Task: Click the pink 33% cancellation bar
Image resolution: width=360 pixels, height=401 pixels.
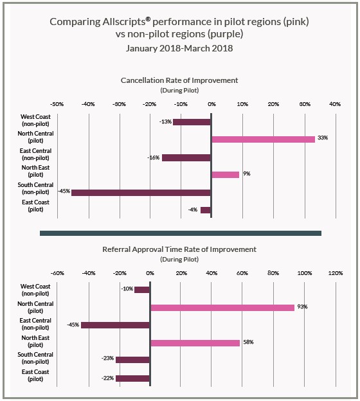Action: [x=264, y=139]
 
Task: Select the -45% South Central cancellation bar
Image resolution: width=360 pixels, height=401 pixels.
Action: [x=141, y=193]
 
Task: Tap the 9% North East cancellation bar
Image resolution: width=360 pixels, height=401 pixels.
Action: [x=226, y=175]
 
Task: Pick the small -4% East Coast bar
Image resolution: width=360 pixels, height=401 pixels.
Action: [x=206, y=210]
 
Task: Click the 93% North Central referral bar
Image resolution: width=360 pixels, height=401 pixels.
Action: [x=222, y=308]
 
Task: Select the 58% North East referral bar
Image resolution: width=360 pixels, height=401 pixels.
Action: [x=195, y=343]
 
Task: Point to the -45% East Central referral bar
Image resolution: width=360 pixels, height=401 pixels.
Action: [x=115, y=325]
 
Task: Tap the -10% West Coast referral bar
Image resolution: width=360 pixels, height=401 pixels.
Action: [x=141, y=290]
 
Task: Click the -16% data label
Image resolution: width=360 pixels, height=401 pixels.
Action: [x=153, y=157]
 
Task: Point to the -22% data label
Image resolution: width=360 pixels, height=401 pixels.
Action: [x=107, y=378]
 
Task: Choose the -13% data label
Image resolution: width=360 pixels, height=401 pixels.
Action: [x=165, y=121]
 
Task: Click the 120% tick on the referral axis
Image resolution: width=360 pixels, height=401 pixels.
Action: [x=336, y=273]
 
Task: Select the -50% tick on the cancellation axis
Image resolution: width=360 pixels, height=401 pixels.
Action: [x=57, y=104]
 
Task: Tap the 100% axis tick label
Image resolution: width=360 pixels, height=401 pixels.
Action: [x=305, y=273]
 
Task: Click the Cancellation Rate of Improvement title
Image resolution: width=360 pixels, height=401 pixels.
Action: [x=179, y=80]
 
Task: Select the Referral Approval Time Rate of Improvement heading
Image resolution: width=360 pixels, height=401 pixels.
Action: [x=179, y=249]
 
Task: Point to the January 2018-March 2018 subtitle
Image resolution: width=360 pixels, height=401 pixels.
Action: [x=179, y=48]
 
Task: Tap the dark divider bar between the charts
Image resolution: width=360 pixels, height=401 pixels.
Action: [x=181, y=233]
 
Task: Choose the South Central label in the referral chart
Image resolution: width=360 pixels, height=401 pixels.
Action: [x=35, y=355]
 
